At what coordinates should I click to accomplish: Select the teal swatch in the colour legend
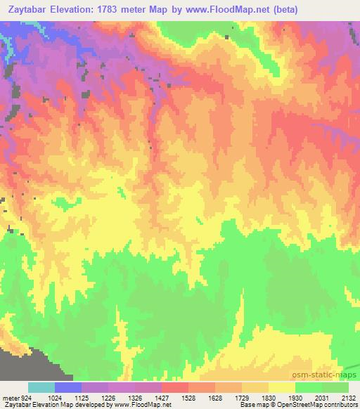click(x=41, y=387)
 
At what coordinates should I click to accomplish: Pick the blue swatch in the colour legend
click(x=68, y=387)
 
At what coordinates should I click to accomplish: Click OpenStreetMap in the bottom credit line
click(x=330, y=405)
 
